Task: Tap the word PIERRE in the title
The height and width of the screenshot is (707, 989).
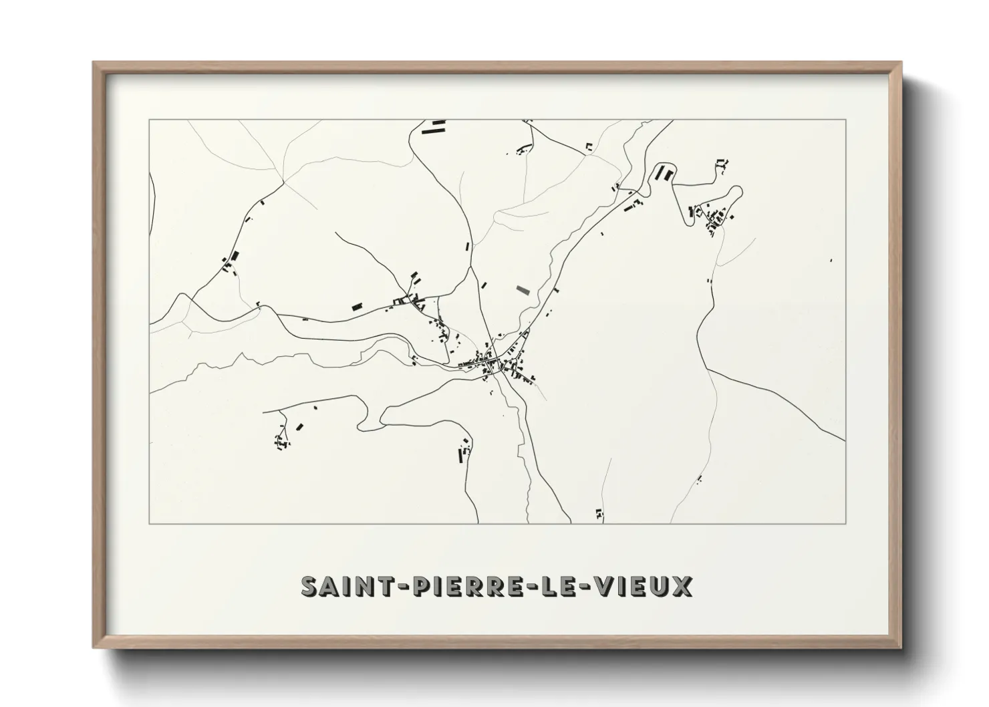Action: coord(453,586)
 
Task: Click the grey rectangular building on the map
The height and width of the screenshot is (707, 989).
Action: coord(523,290)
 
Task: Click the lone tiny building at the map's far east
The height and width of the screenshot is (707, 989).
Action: coord(831,260)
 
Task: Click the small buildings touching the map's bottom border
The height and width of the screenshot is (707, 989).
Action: coord(599,514)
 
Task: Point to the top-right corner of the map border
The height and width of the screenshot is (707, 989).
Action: coord(845,120)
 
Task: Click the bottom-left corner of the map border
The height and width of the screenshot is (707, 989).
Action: coord(150,523)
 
